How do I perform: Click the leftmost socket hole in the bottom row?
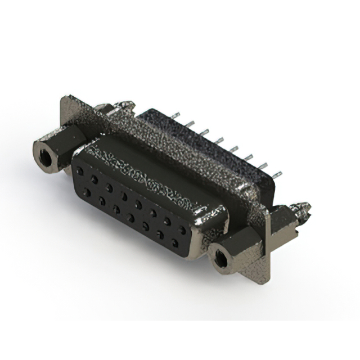click(88, 192)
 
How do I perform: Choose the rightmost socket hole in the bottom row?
click(174, 243)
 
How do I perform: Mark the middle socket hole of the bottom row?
click(130, 217)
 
